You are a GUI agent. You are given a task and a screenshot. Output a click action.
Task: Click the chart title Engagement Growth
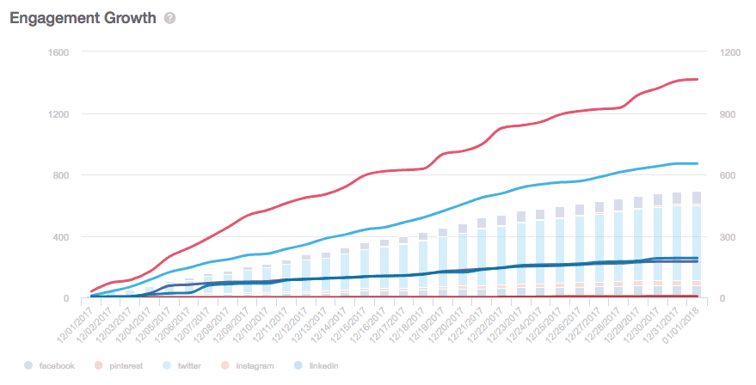(83, 18)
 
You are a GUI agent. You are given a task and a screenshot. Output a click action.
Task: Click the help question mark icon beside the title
(169, 18)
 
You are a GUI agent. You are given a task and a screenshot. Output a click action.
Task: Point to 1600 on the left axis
(58, 52)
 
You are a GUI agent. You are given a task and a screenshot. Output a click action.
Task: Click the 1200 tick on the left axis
(58, 113)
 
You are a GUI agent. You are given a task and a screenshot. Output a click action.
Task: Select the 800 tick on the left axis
(60, 175)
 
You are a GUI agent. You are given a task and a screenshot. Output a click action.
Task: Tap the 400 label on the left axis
(60, 237)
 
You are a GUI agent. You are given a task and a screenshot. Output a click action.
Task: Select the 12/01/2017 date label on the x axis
(76, 323)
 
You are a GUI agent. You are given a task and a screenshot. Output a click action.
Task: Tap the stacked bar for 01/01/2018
(696, 245)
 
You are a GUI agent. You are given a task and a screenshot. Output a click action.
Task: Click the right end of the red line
(697, 79)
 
